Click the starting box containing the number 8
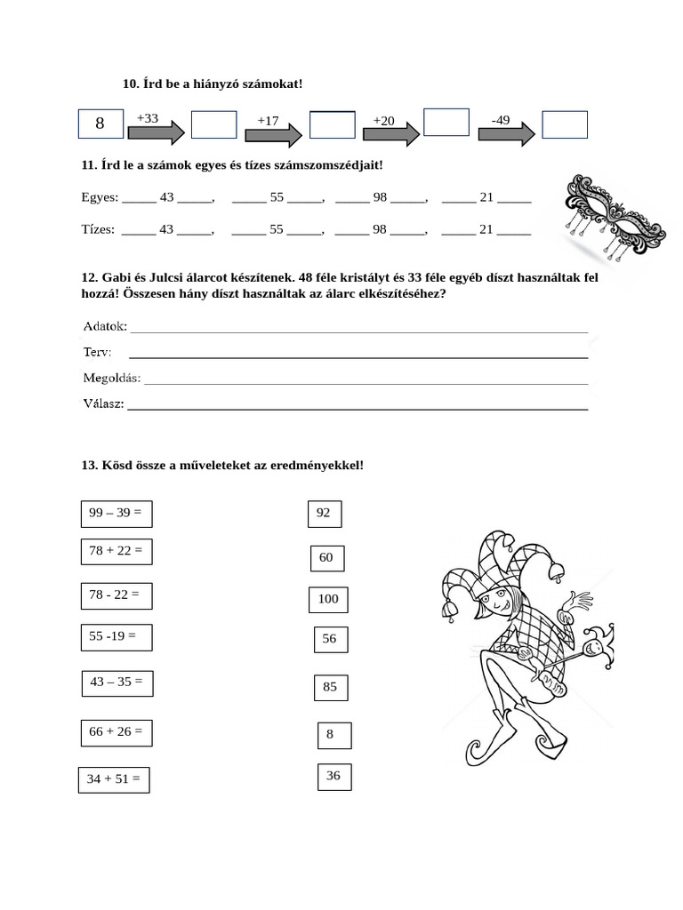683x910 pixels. [100, 124]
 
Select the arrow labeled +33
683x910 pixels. [156, 132]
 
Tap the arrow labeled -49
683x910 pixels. [506, 132]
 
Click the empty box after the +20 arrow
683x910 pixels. [446, 122]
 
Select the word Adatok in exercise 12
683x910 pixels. [105, 326]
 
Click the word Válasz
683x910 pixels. [103, 404]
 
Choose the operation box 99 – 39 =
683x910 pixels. [116, 513]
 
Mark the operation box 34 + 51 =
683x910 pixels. [113, 779]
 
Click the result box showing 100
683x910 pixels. [328, 600]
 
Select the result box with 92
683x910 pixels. [324, 514]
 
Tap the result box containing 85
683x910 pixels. [330, 687]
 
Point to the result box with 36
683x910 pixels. [333, 776]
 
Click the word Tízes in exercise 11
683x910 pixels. [98, 229]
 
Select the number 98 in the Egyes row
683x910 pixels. [380, 197]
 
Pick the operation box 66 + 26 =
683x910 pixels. [116, 732]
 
